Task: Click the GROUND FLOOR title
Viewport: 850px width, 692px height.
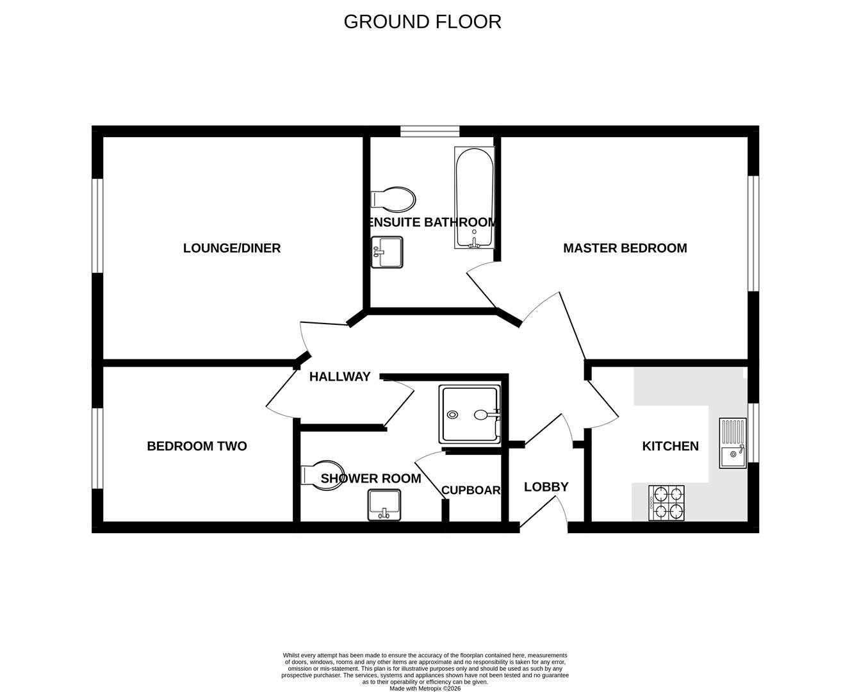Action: click(422, 22)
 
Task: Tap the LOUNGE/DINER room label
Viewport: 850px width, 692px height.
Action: click(232, 248)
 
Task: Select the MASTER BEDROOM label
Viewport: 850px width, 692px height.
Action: click(625, 248)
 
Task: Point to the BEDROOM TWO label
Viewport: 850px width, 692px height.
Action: click(197, 446)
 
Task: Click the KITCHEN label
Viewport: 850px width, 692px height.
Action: click(670, 446)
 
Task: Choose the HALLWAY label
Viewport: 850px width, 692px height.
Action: click(339, 377)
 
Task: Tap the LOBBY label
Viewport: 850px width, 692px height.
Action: click(546, 487)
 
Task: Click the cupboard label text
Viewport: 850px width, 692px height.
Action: click(471, 490)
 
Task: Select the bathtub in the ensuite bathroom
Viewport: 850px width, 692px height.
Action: click(474, 197)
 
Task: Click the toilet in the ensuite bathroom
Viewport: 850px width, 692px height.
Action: click(393, 199)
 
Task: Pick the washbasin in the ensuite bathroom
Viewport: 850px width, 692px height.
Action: click(387, 252)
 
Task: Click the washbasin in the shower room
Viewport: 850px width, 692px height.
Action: click(384, 505)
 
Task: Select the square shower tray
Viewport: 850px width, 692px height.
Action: click(470, 414)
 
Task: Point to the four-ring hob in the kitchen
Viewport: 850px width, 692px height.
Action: click(666, 503)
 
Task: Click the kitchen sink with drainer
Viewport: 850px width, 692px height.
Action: click(733, 443)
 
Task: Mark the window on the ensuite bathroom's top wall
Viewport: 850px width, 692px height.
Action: click(430, 131)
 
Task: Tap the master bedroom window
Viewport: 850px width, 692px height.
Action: click(753, 233)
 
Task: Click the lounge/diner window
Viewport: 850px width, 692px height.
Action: click(97, 226)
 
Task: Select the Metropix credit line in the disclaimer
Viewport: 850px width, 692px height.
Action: click(425, 689)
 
